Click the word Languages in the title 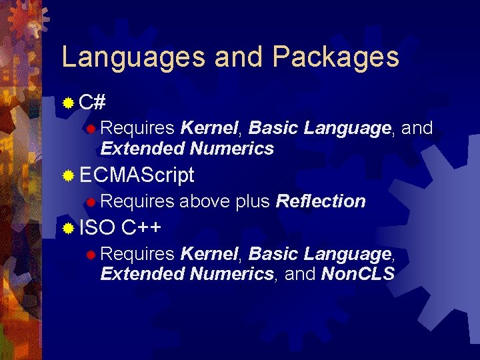[x=133, y=57]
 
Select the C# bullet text [x=93, y=102]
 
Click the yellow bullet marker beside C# [x=68, y=103]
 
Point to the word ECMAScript [x=137, y=175]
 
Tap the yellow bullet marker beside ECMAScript [x=68, y=176]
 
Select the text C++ [x=141, y=228]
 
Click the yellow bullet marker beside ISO [x=68, y=229]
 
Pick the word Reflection [x=320, y=201]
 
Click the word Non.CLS [x=358, y=273]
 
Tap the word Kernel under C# [x=209, y=127]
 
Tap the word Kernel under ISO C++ [x=209, y=253]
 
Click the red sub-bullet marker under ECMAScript [x=91, y=201]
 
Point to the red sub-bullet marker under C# [x=91, y=128]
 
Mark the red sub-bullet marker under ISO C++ [x=91, y=254]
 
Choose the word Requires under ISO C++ [x=137, y=253]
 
